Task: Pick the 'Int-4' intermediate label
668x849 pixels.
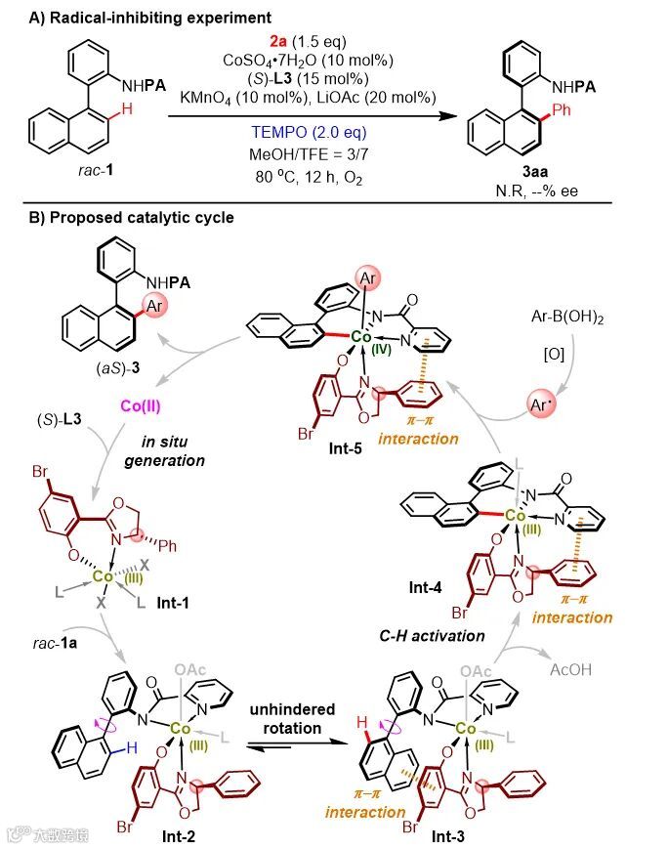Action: [x=429, y=589]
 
